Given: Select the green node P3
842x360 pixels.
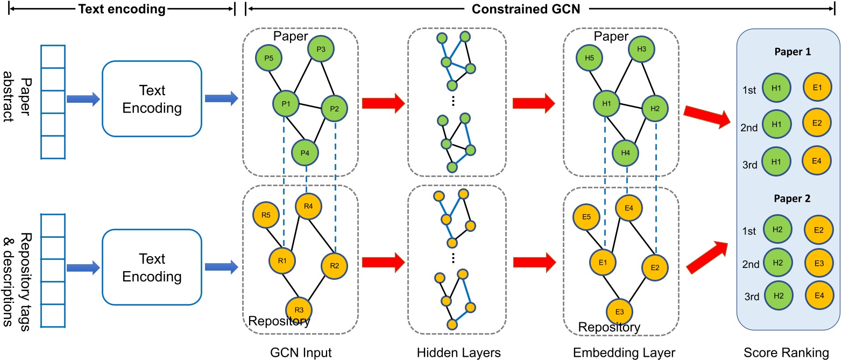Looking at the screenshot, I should [321, 50].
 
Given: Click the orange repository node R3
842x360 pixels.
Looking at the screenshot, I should [299, 310].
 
